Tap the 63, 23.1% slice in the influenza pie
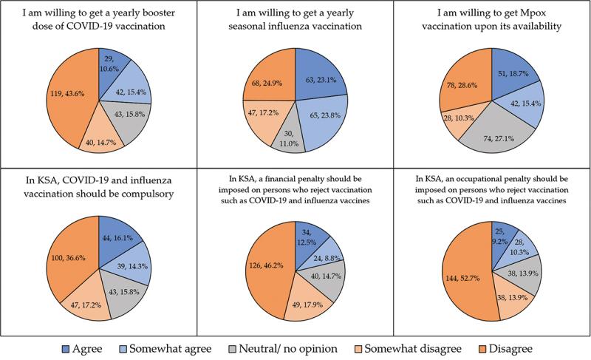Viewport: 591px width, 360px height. (317, 75)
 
